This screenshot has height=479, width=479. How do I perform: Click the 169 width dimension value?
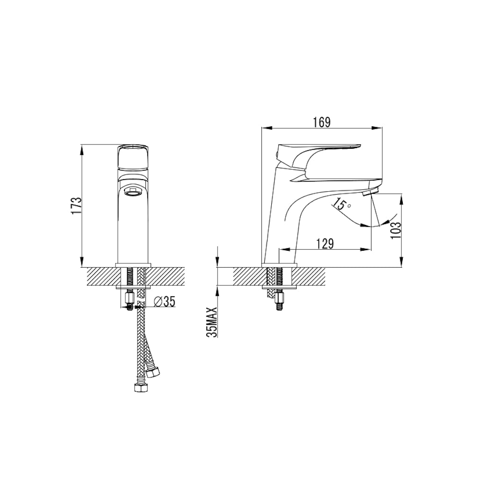pyautogui.click(x=322, y=123)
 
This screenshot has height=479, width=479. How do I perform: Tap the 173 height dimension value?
pyautogui.click(x=77, y=205)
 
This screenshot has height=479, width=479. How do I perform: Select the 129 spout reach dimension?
pyautogui.click(x=324, y=244)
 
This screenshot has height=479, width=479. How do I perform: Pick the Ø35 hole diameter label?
pyautogui.click(x=164, y=302)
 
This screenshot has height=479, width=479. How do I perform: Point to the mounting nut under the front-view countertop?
pyautogui.click(x=130, y=298)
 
